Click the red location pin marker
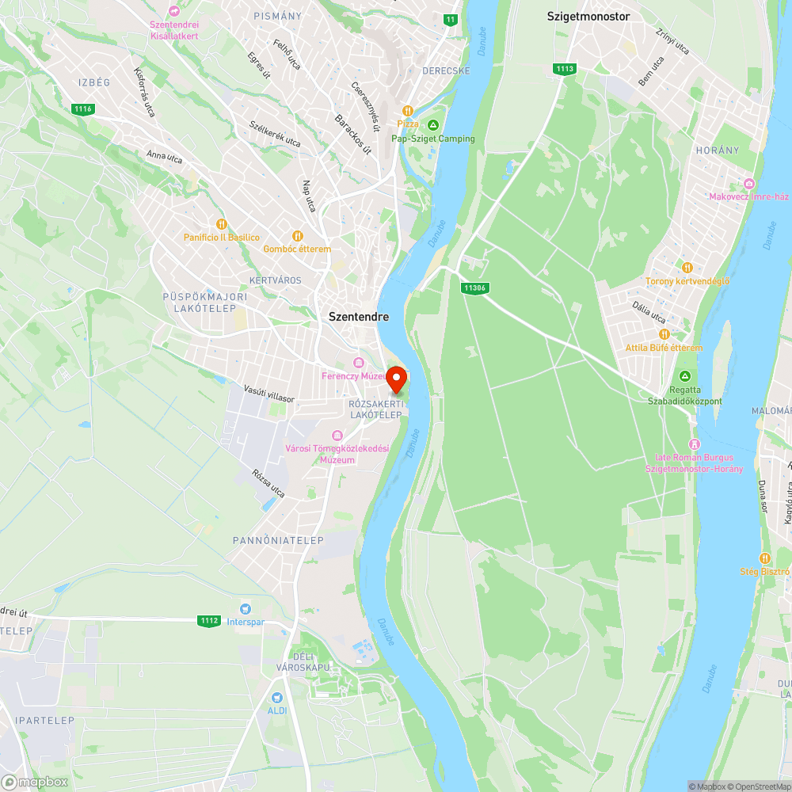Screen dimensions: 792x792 click(x=397, y=379)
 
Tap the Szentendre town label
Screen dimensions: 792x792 click(x=359, y=316)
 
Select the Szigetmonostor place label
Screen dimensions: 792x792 click(x=588, y=15)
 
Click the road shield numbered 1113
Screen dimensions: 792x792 click(x=565, y=69)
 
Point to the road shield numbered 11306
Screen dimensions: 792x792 click(x=475, y=288)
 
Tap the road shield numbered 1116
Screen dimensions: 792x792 click(x=82, y=109)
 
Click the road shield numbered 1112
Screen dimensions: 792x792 click(x=209, y=621)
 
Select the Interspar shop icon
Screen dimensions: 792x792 click(x=246, y=608)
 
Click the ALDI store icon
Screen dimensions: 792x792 click(x=276, y=698)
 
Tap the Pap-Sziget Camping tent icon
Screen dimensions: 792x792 click(x=433, y=125)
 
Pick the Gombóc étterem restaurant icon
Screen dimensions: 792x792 click(x=298, y=235)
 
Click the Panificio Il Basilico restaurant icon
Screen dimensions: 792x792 click(x=222, y=224)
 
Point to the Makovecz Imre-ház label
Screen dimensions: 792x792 click(x=748, y=196)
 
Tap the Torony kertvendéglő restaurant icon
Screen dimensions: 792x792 click(x=687, y=268)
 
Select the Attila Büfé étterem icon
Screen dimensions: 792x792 click(x=664, y=334)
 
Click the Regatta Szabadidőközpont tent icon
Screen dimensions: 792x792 click(x=685, y=376)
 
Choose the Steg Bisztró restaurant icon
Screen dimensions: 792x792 click(x=764, y=558)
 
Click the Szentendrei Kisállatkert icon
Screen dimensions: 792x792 click(x=175, y=10)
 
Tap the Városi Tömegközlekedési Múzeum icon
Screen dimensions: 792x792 click(x=337, y=436)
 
